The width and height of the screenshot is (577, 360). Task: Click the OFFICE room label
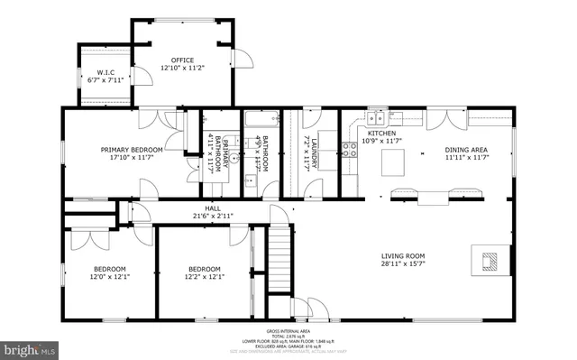point(183,60)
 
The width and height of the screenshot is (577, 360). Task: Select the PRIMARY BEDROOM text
point(132,150)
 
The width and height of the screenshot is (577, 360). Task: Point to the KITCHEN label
point(380,134)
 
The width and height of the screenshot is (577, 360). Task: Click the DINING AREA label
point(466,150)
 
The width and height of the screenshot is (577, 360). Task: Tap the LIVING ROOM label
point(402,255)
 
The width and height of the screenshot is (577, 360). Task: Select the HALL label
point(213,208)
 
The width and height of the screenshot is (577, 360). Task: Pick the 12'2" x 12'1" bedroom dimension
point(203,277)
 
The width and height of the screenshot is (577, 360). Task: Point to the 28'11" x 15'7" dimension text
point(402,264)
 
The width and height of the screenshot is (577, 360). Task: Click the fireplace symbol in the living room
point(489,262)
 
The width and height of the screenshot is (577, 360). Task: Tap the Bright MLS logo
point(29,347)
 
